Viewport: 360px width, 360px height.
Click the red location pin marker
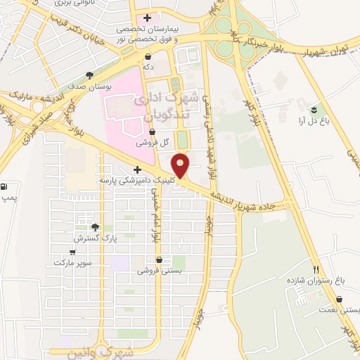coord(181,165)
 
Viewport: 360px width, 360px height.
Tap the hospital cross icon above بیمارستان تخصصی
coord(147,18)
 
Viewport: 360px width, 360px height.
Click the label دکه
coord(148,66)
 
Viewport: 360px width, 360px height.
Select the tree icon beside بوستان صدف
coord(89,75)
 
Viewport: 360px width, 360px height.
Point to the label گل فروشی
coord(156,142)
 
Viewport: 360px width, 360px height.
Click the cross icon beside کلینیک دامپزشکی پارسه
coord(137,169)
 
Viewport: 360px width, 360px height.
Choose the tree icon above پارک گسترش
coord(95,227)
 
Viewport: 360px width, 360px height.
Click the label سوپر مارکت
coord(72,262)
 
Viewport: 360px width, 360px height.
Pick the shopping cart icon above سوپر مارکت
coord(72,252)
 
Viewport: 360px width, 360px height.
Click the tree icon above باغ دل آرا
coord(314,110)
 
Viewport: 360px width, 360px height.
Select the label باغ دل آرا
coord(314,120)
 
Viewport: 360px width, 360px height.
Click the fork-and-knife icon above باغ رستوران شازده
coord(316,270)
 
